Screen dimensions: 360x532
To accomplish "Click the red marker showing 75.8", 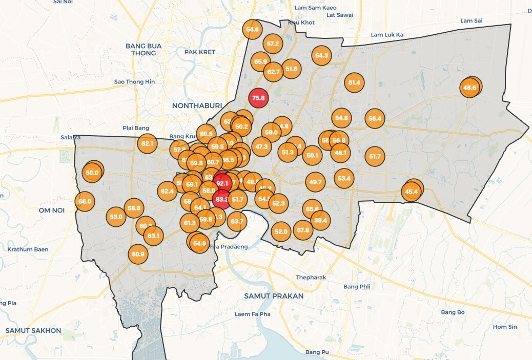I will pos(258,98).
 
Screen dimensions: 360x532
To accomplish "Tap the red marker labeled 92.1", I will pos(222,183).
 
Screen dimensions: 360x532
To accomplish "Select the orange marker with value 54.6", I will pos(253,30).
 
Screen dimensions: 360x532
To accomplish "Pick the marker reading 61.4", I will pos(354,82).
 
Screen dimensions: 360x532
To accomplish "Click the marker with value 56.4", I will pos(375,119).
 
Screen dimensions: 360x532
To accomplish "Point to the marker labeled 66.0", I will pos(85,201).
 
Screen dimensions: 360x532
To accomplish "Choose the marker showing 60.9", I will pos(138,254).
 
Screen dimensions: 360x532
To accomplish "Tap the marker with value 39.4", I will pos(320,221).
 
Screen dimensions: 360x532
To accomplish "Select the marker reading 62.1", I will pos(148,144).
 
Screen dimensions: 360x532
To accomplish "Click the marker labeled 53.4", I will pos(344,178).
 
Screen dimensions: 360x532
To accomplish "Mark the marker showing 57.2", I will pos(273,44).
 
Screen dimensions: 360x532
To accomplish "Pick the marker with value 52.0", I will pos(281,232).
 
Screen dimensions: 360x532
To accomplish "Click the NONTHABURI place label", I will pos(197,105).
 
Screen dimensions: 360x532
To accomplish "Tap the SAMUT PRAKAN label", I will pos(274,296).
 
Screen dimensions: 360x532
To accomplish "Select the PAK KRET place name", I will pos(199,52).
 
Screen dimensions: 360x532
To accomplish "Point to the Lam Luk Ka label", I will pos(387,35).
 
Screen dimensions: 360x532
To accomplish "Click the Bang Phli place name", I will pos(357,287).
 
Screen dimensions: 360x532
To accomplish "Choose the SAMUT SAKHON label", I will pos(33,331).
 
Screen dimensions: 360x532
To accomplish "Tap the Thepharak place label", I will pos(311,278).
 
